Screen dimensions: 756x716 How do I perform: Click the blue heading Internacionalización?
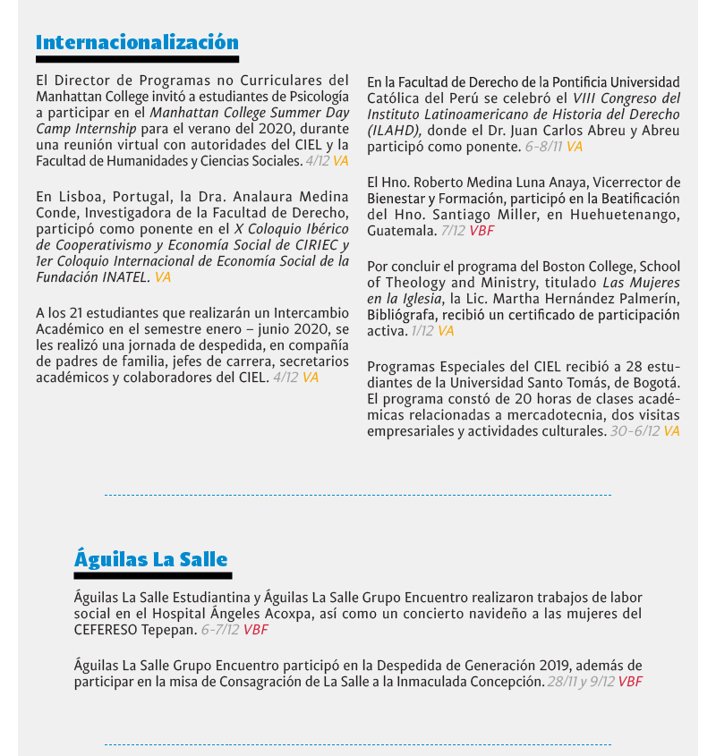(137, 42)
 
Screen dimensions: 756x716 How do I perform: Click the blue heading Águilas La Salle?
(150, 559)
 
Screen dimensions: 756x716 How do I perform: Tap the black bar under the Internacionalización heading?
(137, 59)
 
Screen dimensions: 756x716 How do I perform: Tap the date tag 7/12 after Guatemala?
(454, 230)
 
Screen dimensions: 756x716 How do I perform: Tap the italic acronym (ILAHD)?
(391, 130)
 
